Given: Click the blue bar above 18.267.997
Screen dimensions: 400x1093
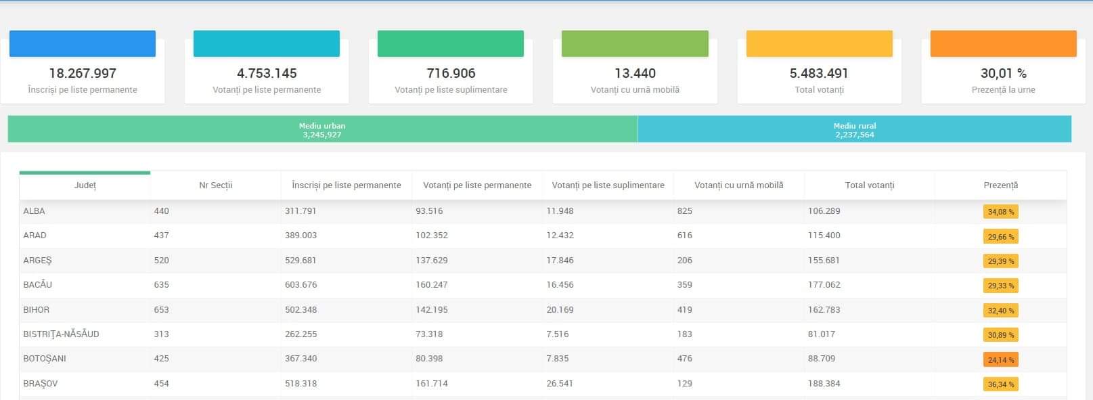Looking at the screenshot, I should (83, 43).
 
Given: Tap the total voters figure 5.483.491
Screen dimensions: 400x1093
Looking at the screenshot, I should (819, 73).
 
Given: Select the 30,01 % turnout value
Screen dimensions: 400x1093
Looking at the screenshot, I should (1003, 73).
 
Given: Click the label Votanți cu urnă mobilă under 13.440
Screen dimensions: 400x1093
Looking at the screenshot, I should (635, 89).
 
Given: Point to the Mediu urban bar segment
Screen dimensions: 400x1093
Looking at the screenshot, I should (322, 129).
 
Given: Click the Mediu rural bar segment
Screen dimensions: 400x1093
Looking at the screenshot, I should (854, 129).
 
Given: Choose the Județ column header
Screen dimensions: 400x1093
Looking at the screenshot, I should (85, 185).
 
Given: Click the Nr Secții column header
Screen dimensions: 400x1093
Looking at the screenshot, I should (215, 185).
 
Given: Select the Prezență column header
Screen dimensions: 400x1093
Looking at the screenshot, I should (1000, 185).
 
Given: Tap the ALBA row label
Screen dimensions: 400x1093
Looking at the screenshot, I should (34, 211).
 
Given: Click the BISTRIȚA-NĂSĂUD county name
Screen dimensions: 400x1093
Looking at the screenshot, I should (61, 334).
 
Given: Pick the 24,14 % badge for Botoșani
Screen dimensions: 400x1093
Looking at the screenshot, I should (1000, 359).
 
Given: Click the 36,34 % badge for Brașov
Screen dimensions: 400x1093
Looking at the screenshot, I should (1000, 384).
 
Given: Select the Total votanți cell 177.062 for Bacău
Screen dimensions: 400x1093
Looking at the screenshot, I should (824, 285).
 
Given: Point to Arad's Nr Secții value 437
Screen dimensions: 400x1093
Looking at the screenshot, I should (161, 236).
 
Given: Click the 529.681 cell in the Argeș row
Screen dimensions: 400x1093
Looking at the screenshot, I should (300, 261).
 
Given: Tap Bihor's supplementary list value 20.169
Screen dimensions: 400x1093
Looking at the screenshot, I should (560, 310).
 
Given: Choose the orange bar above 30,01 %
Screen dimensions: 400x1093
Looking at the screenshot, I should (1003, 43).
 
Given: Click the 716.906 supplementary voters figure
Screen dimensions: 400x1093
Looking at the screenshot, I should (451, 73).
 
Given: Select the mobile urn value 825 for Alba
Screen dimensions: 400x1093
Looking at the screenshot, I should (684, 211).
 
